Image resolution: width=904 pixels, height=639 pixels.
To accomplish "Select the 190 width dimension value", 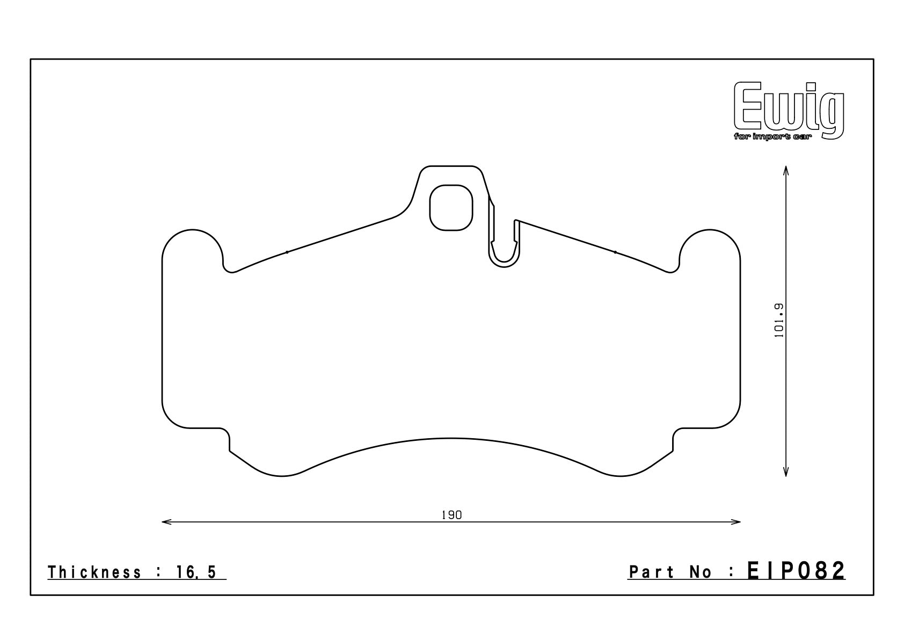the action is (451, 515).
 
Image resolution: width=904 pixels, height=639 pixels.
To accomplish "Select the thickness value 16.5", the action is (196, 572).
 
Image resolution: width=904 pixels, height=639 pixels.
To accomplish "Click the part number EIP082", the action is (796, 571).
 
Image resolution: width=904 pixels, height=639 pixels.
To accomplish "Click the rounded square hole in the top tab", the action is (451, 208).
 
